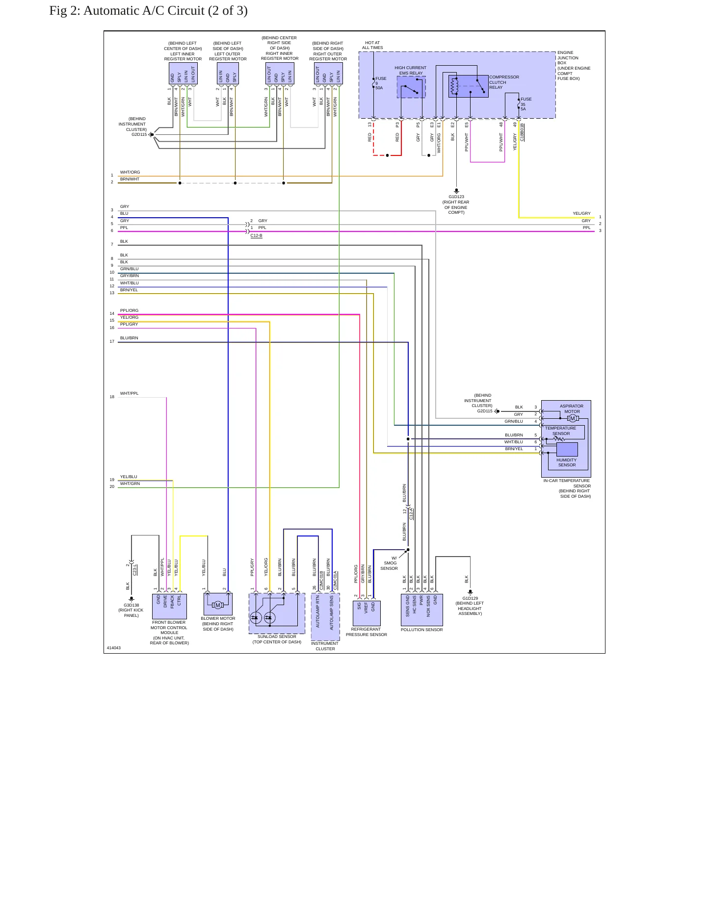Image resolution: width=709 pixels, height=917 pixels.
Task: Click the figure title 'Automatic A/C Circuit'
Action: click(x=144, y=11)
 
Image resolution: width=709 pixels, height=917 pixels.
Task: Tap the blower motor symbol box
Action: click(x=218, y=604)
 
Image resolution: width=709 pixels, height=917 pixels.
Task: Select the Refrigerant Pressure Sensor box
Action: click(x=367, y=613)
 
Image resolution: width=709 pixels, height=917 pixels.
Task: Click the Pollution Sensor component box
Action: click(x=422, y=610)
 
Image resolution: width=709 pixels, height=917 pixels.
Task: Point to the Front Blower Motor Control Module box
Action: click(x=169, y=606)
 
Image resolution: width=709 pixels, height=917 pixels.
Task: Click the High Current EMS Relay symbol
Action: click(x=411, y=87)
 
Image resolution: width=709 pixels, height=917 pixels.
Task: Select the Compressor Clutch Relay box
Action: click(x=468, y=86)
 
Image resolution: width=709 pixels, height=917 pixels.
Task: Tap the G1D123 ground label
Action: click(x=456, y=197)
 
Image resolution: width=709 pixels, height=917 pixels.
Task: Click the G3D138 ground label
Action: click(x=131, y=605)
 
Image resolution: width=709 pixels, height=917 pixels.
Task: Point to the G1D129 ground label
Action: click(x=470, y=598)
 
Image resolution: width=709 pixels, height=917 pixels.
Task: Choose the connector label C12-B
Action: click(x=256, y=235)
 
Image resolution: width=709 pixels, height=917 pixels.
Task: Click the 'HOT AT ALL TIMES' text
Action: click(x=372, y=45)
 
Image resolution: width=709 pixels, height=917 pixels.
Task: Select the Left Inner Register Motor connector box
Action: click(x=183, y=74)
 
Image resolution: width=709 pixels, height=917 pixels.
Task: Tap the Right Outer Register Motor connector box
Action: click(x=328, y=74)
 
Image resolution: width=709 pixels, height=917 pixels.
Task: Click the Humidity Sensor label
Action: click(x=567, y=462)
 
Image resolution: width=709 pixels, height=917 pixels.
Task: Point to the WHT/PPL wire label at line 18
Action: click(x=130, y=393)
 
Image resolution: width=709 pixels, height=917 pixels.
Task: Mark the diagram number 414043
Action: click(x=114, y=648)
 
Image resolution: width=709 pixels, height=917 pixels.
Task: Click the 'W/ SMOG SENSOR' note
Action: click(x=389, y=563)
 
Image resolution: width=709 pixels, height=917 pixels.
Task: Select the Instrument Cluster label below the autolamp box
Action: click(x=325, y=646)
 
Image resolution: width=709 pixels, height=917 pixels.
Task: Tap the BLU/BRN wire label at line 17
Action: click(x=129, y=338)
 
